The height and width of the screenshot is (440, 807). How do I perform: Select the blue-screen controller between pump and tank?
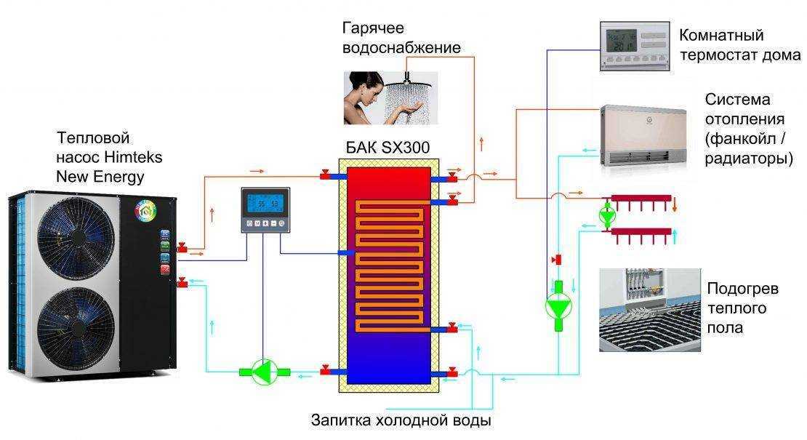(265, 210)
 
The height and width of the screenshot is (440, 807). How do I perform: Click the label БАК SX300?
(388, 148)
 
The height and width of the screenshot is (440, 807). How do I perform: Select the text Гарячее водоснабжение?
(401, 38)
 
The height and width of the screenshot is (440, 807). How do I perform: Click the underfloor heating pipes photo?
(649, 309)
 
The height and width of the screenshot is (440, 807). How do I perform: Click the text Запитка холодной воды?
(401, 420)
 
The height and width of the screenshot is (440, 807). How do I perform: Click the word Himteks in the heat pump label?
(134, 156)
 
